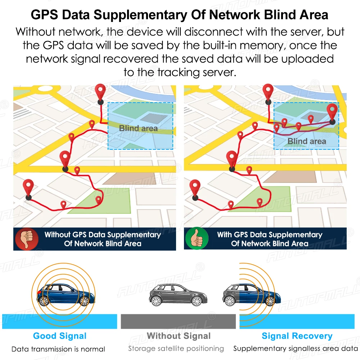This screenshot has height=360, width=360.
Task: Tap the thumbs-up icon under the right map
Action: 197,238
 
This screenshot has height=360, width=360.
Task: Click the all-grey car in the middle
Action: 177,294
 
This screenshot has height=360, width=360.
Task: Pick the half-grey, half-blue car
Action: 251,294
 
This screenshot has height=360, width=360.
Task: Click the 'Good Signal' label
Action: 60,336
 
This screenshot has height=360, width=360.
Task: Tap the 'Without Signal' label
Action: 179,336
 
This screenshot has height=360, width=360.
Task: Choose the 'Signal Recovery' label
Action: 297,336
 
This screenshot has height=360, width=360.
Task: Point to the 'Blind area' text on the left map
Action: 138,128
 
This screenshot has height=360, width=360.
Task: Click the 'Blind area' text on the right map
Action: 307,141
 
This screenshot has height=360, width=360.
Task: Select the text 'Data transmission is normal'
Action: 58,349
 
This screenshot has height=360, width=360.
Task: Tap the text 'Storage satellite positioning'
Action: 176,349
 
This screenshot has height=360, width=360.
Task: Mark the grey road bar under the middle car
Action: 178,321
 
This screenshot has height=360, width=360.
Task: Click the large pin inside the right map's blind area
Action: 332,112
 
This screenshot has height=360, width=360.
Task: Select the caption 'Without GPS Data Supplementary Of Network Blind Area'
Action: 103,239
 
